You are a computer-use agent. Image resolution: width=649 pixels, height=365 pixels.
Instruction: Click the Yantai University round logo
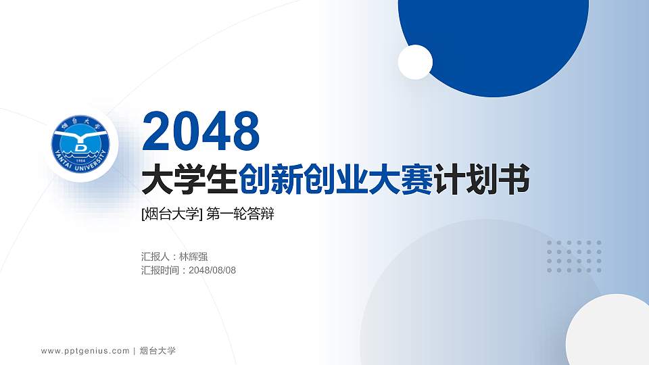click(x=82, y=144)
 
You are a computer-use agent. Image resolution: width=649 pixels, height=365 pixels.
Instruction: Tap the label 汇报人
click(x=156, y=257)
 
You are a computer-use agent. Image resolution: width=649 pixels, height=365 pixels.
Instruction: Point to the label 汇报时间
click(x=161, y=270)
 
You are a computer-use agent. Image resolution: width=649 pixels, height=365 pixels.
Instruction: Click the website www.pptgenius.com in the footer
click(x=85, y=351)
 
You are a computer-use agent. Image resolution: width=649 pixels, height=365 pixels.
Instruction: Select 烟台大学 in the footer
click(x=158, y=351)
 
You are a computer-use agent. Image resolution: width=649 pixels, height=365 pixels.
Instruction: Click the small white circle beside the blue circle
click(x=415, y=62)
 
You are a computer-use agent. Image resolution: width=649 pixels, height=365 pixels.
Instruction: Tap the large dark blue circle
click(x=494, y=34)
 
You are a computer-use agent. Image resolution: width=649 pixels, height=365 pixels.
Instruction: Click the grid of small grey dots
click(x=574, y=257)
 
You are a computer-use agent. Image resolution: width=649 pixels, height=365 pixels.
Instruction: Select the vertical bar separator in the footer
click(x=135, y=351)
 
